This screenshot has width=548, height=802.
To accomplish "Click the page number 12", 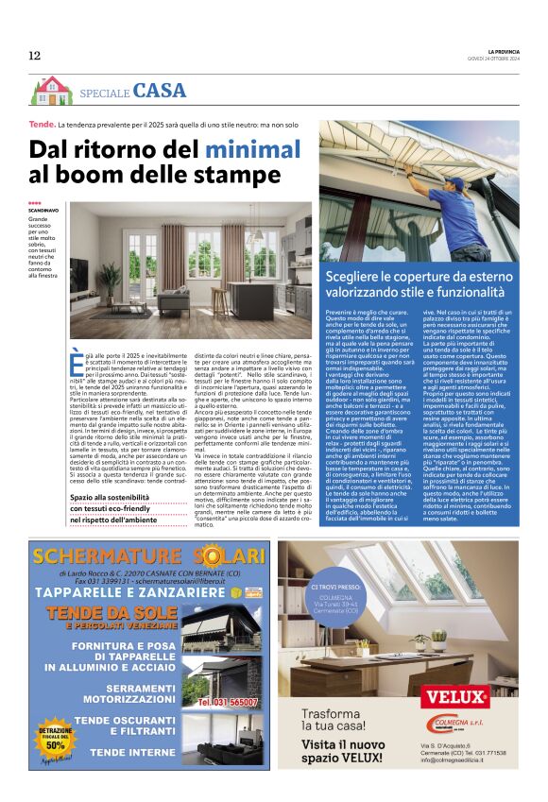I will pos(35,56).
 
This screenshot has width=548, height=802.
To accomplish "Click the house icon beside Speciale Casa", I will pos(51,91).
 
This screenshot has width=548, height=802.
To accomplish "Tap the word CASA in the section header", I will pos(160,91).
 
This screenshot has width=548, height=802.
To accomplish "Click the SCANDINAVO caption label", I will pos(43,210).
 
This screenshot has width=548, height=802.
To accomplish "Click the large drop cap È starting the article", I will pos(77,361).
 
